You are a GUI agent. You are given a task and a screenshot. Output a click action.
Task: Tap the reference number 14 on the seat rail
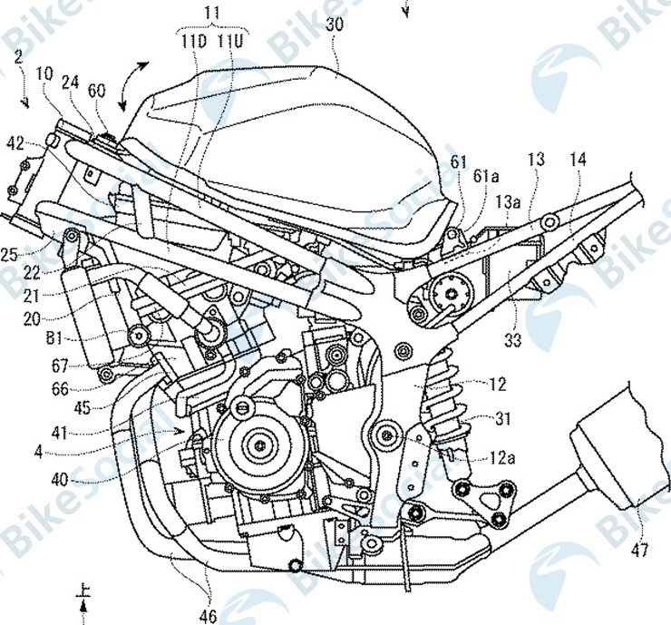[x=578, y=160]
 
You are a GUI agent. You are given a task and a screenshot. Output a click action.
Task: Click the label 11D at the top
[x=190, y=41]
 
